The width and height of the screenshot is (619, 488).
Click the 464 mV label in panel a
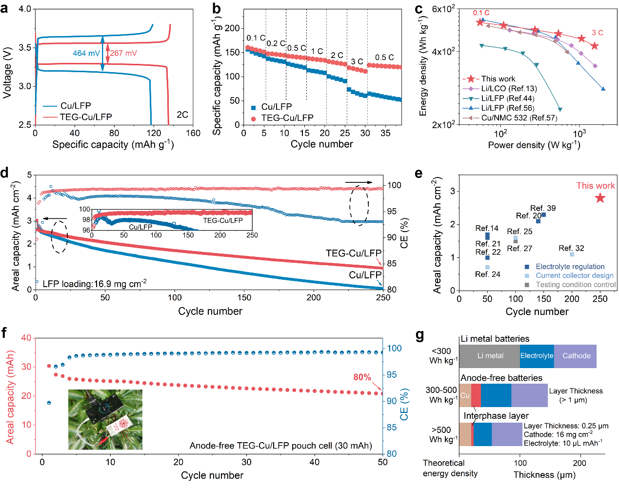pos(86,53)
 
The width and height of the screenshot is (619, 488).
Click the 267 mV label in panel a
pos(123,53)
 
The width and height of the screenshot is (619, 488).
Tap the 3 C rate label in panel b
pos(357,62)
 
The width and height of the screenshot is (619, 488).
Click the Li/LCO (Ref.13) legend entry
pos(509,89)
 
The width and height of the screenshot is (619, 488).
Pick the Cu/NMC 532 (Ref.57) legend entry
pos(519,118)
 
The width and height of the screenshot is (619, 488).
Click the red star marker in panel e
pos(600,198)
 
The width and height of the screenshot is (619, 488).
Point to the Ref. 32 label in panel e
pos(571,249)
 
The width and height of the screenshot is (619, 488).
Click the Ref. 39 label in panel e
pos(543,208)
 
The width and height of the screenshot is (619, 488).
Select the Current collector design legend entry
pos(574,275)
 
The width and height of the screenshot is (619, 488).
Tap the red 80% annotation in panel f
pos(362,377)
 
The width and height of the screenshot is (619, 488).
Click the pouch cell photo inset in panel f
pos(105,419)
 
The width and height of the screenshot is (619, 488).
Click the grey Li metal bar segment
pos(490,356)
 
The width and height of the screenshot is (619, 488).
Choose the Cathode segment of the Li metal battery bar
pos(576,356)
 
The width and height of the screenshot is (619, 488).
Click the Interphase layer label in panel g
pos(496,416)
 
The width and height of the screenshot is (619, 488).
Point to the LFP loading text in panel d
pos(95,284)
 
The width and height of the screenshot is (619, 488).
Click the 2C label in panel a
pos(182,115)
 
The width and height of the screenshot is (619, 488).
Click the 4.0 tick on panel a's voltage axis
pos(24,9)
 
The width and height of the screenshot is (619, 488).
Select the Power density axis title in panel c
pos(534,145)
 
